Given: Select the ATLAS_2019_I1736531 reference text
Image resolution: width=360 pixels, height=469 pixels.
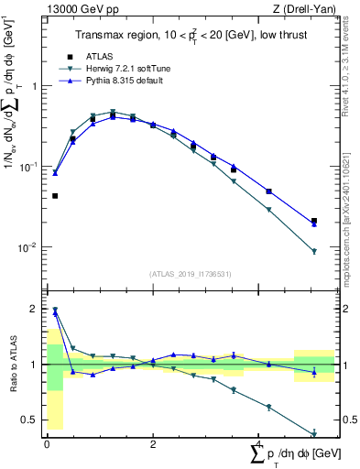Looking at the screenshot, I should (189, 273).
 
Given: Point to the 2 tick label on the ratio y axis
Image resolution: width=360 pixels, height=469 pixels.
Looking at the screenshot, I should (34, 309).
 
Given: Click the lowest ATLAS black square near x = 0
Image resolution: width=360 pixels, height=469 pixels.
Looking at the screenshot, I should (55, 196).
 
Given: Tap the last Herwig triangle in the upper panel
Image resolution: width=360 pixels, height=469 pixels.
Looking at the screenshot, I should (314, 252).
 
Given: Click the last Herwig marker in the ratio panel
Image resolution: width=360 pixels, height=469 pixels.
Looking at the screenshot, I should (314, 434).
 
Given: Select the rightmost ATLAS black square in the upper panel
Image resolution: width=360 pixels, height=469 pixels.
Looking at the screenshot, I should (314, 221).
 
